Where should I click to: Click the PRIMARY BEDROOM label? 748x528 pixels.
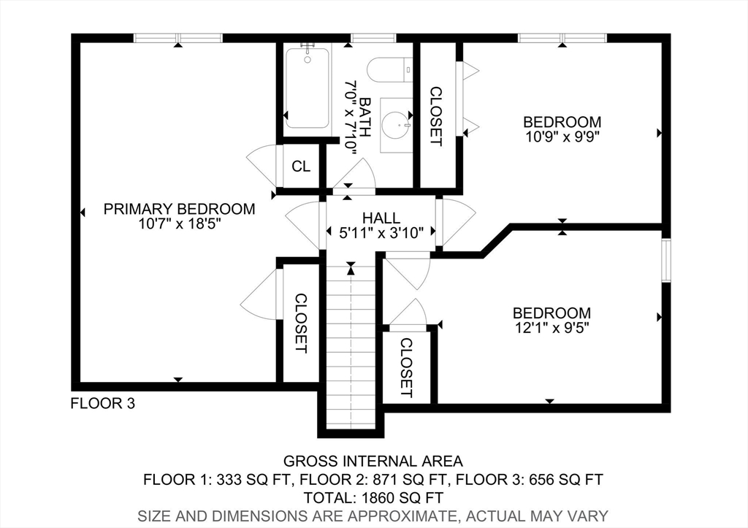180,209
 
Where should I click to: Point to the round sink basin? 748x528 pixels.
397,125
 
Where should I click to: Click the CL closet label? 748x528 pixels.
301,167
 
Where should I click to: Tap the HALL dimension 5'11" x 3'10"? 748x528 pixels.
381,233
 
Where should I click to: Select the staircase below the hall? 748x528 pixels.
351,347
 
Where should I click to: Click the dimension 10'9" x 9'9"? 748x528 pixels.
562,137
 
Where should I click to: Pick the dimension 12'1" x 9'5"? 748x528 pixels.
552,328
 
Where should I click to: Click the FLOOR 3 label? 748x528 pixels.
103,404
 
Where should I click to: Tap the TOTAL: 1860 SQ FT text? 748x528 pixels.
373,498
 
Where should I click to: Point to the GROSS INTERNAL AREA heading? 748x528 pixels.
373,462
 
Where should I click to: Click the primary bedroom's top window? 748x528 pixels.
178,38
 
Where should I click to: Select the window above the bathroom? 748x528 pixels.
373,38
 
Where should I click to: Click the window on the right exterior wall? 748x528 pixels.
666,261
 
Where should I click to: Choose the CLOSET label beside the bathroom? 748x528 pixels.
436,116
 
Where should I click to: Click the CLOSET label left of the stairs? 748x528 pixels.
301,324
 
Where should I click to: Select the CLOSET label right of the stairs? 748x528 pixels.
406,368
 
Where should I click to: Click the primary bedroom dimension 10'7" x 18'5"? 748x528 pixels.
180,223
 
